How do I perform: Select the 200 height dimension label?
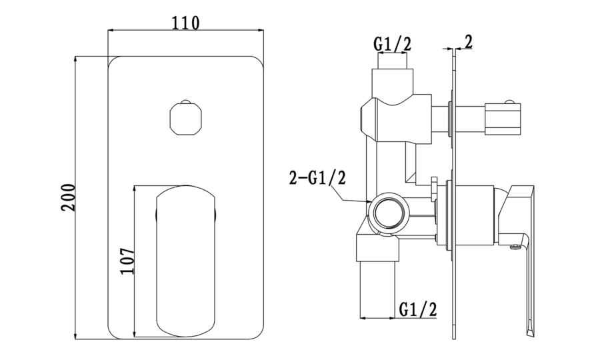68,197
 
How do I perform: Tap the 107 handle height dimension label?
127,261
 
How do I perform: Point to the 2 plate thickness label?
469,42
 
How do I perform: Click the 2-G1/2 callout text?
317,178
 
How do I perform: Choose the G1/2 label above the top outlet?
392,44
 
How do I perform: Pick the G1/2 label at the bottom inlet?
418,309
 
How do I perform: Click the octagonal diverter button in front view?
185,118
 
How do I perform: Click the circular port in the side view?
389,212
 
